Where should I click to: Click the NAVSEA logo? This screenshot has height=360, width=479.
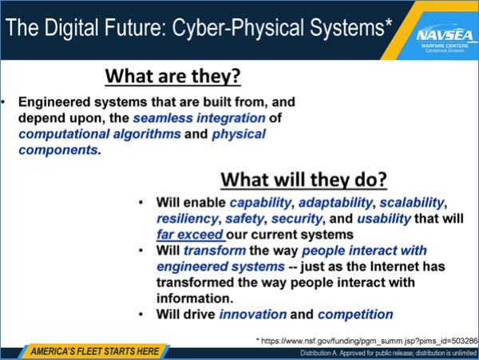pos(445,39)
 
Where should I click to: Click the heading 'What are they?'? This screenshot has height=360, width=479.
pos(173,76)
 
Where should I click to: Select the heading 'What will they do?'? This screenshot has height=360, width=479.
pos(304,180)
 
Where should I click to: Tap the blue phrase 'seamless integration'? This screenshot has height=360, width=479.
pos(199,118)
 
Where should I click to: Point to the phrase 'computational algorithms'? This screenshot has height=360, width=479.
pos(100,134)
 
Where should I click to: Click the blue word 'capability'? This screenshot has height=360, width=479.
pos(260,203)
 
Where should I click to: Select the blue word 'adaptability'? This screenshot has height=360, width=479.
pos(335,203)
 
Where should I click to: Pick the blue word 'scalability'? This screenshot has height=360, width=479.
pos(412,203)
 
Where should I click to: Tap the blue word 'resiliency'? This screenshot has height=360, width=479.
pos(188,219)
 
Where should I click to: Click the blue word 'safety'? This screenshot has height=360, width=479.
pos(244,219)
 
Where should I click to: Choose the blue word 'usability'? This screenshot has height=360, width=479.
pos(384,219)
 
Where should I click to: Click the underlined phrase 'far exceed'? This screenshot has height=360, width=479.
pos(190,235)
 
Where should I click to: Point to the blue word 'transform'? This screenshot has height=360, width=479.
pos(215,251)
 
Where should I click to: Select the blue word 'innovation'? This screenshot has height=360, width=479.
pos(253,315)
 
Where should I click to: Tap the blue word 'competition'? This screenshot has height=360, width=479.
pos(355,315)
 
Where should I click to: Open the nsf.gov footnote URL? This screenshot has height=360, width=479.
pos(367,341)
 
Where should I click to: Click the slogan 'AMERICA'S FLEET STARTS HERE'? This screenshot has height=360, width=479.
pos(95,351)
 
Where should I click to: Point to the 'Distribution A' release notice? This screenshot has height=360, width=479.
pos(388,354)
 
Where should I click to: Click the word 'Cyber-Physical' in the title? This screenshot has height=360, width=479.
pos(239,27)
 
